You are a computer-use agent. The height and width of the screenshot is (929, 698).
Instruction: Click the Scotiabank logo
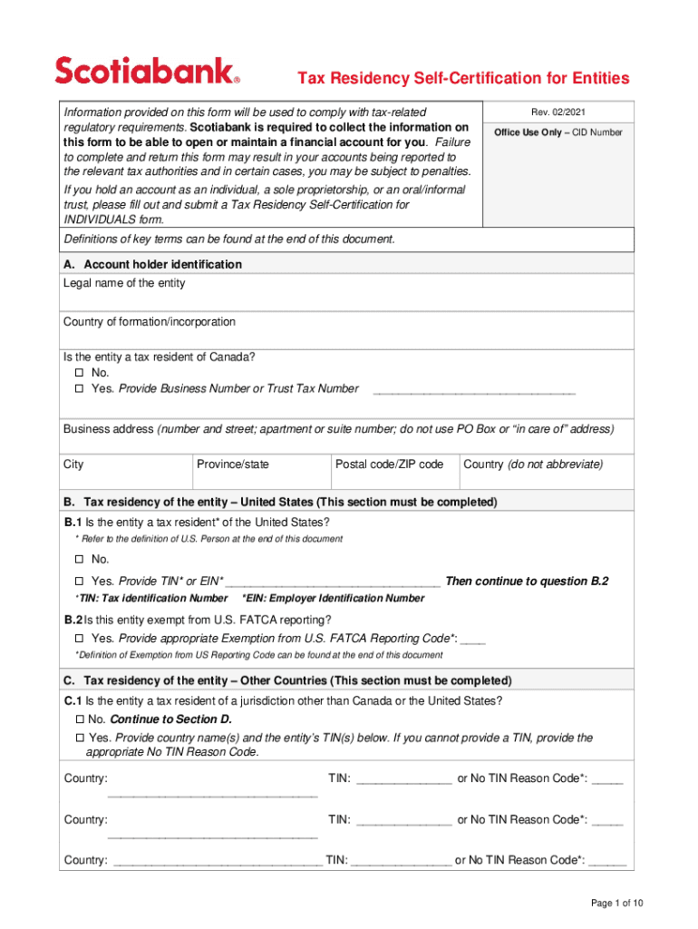click(x=148, y=70)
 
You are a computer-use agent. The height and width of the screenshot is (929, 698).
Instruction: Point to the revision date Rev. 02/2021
click(x=557, y=112)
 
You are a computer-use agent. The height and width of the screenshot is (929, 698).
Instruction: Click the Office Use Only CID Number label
click(x=557, y=132)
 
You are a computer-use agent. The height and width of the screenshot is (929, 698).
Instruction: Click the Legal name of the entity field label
click(x=124, y=283)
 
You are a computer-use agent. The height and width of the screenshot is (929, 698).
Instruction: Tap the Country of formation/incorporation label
click(x=150, y=322)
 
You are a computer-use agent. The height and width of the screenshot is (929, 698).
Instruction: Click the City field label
click(x=73, y=464)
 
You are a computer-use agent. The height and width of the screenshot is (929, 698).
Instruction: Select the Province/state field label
click(x=233, y=464)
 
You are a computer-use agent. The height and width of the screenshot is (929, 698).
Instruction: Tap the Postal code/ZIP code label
click(x=389, y=464)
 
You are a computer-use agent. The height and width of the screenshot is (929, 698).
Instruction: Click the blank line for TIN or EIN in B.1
click(x=333, y=582)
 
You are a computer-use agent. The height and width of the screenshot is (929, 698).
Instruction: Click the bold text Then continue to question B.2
click(x=527, y=582)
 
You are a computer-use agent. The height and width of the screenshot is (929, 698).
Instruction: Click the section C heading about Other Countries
click(x=287, y=680)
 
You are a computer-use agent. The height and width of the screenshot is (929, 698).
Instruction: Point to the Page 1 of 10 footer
click(x=616, y=903)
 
